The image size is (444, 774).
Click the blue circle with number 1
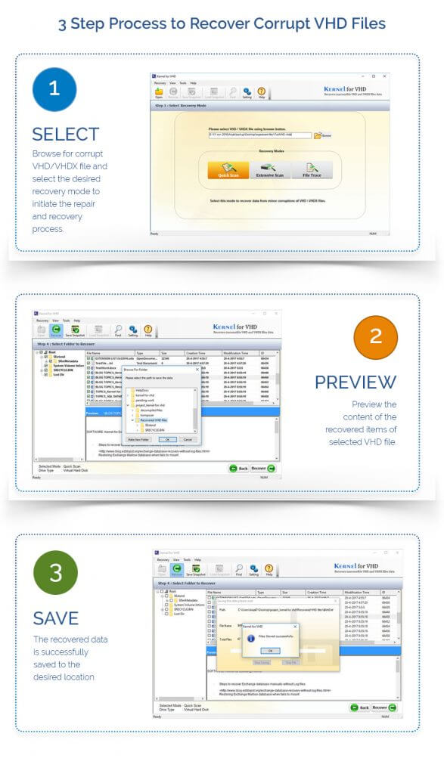[x=54, y=88]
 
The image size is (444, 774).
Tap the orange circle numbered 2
[x=376, y=335]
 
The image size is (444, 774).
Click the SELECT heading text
[x=66, y=135]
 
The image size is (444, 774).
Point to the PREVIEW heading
[x=356, y=382]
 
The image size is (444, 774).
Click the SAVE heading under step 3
[x=55, y=618]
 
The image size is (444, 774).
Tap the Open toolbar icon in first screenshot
[x=159, y=92]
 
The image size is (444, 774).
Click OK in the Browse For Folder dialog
[x=167, y=439]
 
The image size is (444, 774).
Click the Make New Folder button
[x=139, y=439]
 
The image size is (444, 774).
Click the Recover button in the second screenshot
[x=262, y=469]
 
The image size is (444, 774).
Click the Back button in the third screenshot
[x=359, y=707]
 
